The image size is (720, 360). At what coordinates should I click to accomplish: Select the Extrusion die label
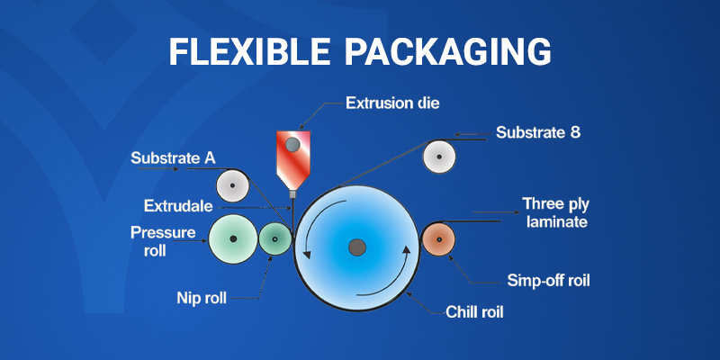[x=392, y=103]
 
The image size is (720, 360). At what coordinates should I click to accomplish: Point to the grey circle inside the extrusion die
[x=292, y=143]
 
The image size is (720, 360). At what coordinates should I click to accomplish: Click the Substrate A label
[x=173, y=158]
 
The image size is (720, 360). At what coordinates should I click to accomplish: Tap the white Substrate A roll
[x=233, y=186]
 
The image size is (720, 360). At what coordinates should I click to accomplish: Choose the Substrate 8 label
[x=538, y=133]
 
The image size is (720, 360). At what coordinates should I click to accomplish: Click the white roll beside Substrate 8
[x=439, y=157]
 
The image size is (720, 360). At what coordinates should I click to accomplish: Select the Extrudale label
[x=180, y=205]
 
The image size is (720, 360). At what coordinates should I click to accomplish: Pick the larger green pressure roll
[x=233, y=238]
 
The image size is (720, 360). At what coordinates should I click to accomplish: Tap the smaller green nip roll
[x=274, y=239]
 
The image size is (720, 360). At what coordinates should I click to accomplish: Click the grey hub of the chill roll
[x=357, y=246]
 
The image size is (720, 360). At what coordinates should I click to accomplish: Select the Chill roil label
[x=474, y=313]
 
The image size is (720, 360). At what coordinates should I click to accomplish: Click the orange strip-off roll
[x=439, y=238]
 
